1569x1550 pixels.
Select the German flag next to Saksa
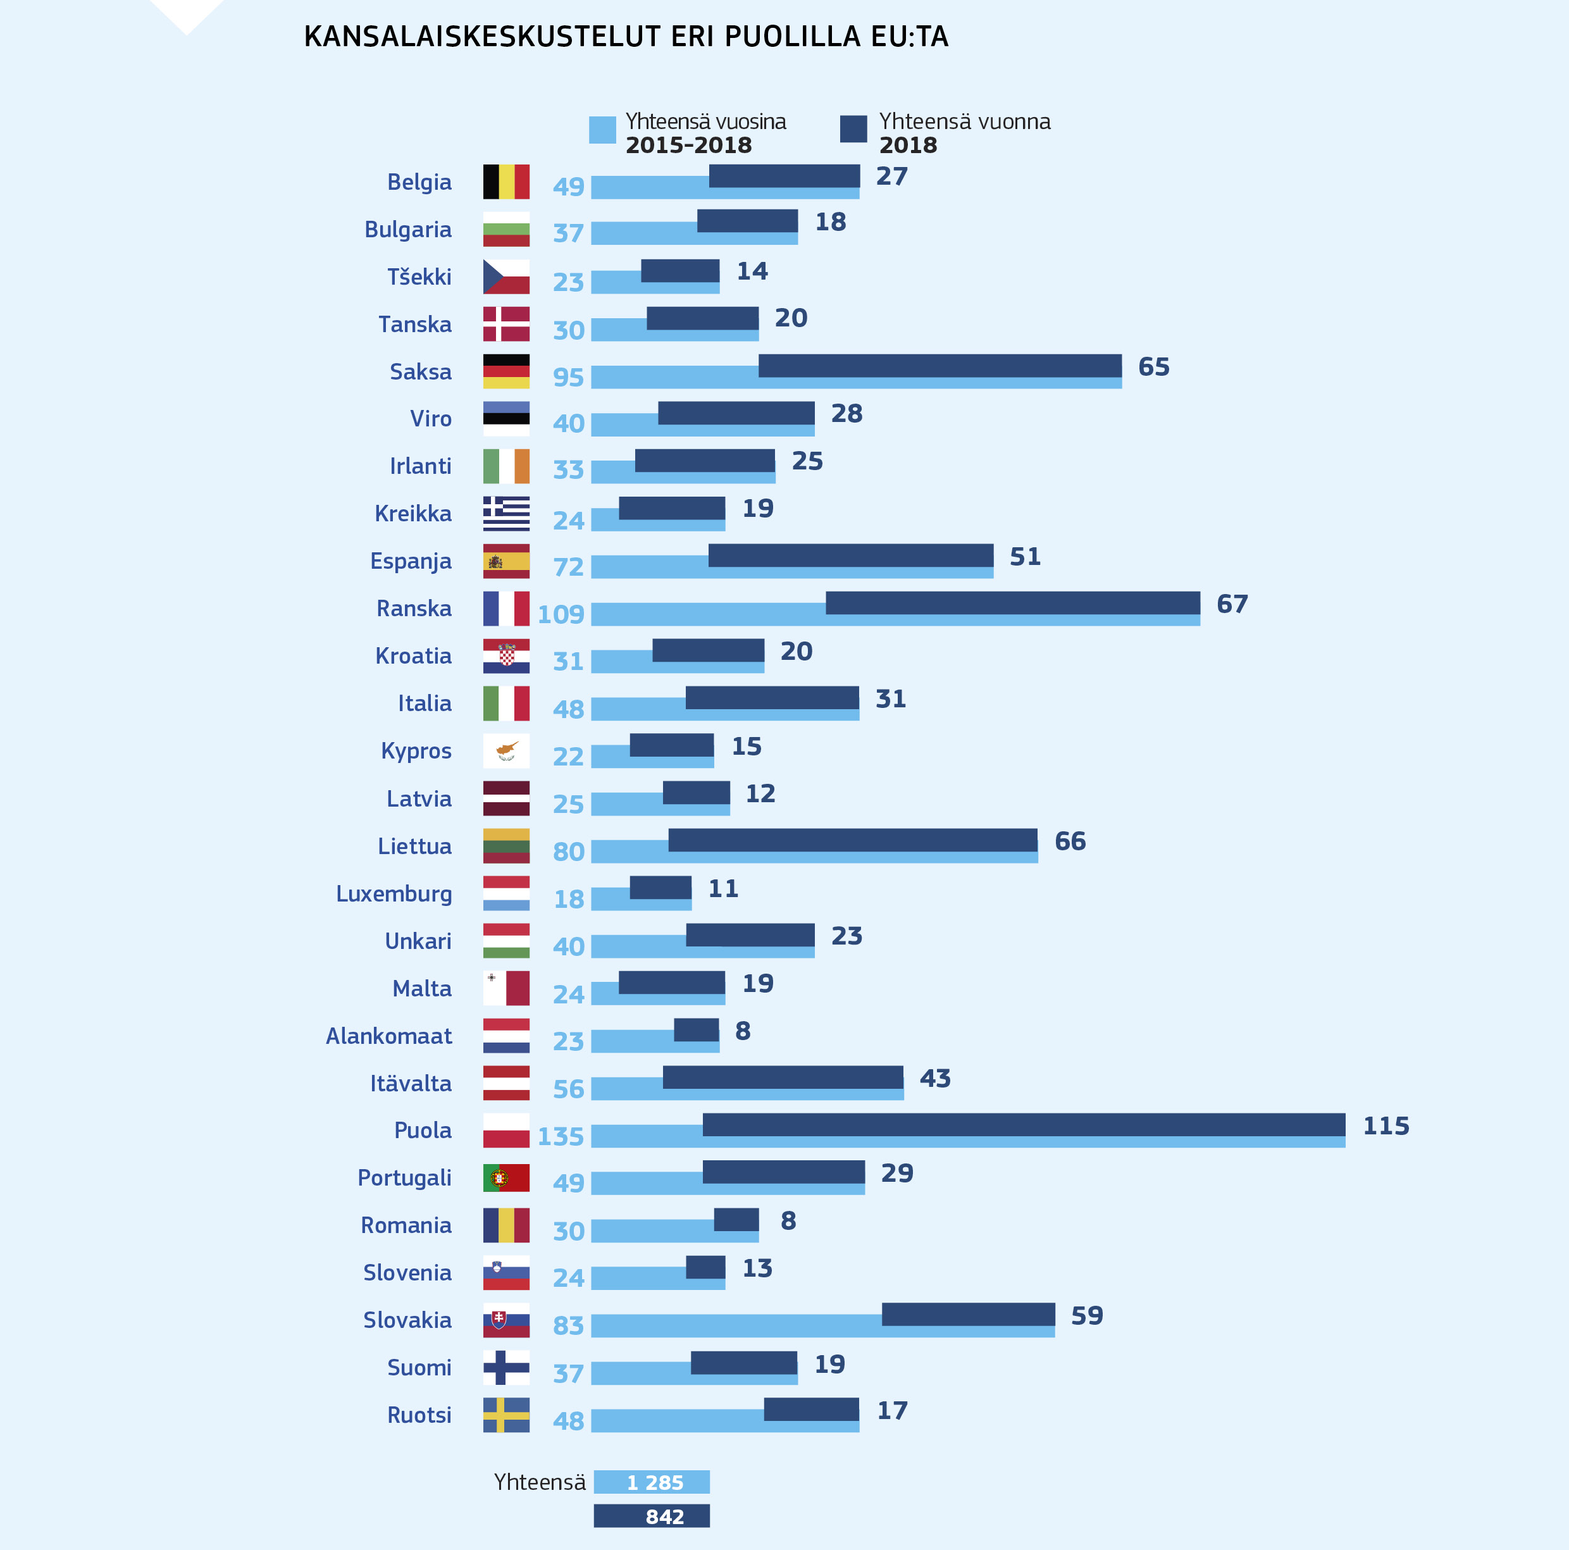(x=506, y=371)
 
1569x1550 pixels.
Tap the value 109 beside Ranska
(x=561, y=614)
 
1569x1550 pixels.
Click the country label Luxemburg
(x=394, y=893)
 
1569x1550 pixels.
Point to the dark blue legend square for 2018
(x=853, y=129)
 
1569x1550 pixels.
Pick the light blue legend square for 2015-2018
(x=602, y=130)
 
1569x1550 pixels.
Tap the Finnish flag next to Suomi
(x=506, y=1367)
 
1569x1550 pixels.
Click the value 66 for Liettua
(x=1070, y=841)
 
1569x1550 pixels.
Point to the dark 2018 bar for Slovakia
(x=968, y=1314)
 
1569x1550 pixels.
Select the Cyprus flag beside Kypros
(x=506, y=750)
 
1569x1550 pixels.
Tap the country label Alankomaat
(x=388, y=1036)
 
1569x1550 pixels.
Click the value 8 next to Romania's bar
(x=788, y=1220)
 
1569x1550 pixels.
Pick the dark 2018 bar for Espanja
(x=850, y=555)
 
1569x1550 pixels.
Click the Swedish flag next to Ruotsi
(x=506, y=1415)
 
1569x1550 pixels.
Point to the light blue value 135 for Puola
(x=561, y=1136)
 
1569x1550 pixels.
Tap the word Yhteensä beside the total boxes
(x=539, y=1482)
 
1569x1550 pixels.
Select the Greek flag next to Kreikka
(x=506, y=513)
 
